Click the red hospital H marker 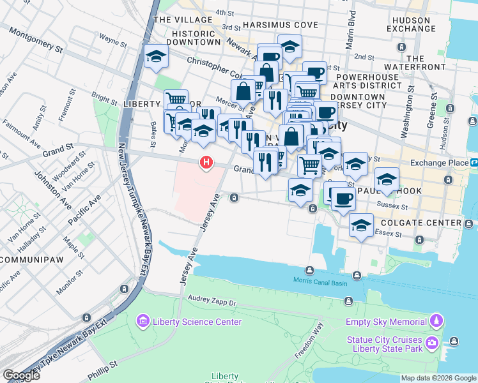point(206,163)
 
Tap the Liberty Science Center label point(197,322)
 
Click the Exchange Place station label point(440,163)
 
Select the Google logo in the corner point(22,375)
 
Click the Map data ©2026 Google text point(438,378)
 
